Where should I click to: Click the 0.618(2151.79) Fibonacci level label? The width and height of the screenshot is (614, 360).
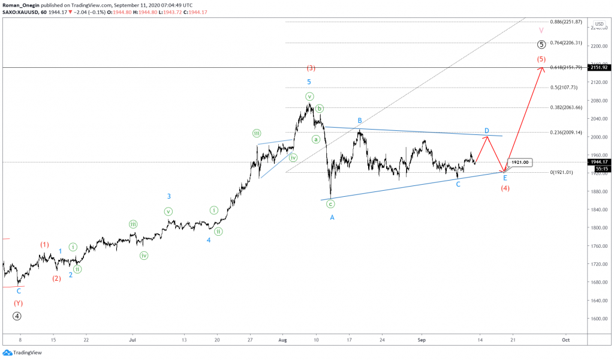pos(566,67)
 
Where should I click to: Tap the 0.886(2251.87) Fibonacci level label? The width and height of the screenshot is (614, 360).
pos(566,22)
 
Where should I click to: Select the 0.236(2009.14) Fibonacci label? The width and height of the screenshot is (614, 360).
pos(566,132)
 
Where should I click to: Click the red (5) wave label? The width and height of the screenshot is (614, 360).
pos(541,59)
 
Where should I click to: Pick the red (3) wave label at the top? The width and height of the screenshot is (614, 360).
pos(311,68)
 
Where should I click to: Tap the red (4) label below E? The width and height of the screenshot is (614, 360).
pos(505,188)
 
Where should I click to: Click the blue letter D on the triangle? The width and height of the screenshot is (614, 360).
pos(487,131)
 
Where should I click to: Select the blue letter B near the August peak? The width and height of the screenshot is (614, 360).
pos(360,121)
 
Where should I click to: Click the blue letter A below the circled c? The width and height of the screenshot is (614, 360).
pos(332,217)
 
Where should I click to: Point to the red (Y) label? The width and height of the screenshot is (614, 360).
pos(19,303)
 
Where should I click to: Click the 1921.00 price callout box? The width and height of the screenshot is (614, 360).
pos(519,163)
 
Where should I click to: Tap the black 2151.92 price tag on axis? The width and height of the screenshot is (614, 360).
pos(601,68)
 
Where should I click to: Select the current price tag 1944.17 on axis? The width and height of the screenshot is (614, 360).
pos(601,162)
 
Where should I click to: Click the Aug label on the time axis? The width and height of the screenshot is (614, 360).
pos(283,340)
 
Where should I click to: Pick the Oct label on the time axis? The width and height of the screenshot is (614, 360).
pos(565,340)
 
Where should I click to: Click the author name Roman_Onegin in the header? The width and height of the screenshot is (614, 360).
pos(22,4)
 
